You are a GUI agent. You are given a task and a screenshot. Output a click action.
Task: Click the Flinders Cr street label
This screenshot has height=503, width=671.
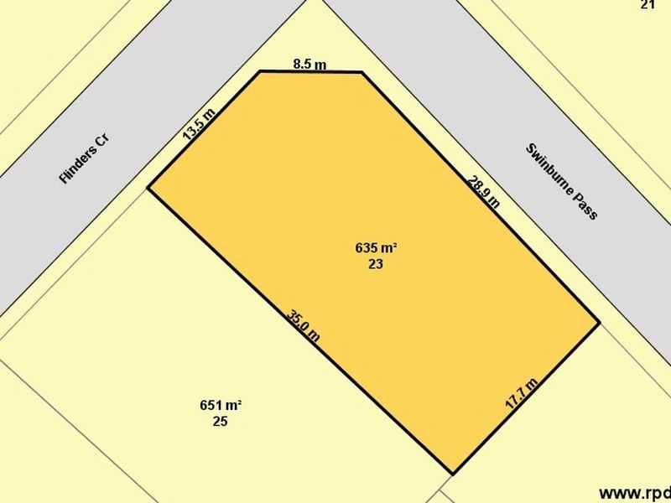pyautogui.click(x=86, y=158)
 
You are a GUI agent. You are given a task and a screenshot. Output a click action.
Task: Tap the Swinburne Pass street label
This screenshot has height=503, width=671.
pyautogui.click(x=561, y=182)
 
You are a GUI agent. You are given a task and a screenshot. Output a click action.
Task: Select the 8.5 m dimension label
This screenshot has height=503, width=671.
pyautogui.click(x=309, y=64)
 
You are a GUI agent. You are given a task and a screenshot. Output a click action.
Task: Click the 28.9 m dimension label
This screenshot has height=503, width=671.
pyautogui.click(x=485, y=191)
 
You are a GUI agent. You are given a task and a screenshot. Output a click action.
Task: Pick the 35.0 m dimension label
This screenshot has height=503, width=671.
pyautogui.click(x=304, y=326)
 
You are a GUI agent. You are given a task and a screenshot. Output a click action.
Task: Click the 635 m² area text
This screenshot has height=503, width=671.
pyautogui.click(x=376, y=248)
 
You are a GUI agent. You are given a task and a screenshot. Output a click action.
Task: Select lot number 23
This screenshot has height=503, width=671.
pyautogui.click(x=376, y=263)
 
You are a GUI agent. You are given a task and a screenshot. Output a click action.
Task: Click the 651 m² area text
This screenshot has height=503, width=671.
pyautogui.click(x=221, y=406)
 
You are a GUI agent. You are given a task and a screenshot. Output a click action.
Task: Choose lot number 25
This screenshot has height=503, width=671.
pyautogui.click(x=220, y=422)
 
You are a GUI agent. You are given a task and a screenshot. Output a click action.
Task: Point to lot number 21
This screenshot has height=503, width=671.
pyautogui.click(x=647, y=5)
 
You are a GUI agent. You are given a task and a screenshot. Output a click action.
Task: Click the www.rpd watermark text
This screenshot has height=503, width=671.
pyautogui.click(x=634, y=492)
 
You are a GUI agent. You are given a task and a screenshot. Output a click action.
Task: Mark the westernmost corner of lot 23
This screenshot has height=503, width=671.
pyautogui.click(x=148, y=188)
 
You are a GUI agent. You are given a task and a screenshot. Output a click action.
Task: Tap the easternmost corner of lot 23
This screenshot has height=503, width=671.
pyautogui.click(x=599, y=322)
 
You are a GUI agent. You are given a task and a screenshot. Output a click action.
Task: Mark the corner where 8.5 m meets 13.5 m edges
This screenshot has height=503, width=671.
pyautogui.click(x=260, y=71)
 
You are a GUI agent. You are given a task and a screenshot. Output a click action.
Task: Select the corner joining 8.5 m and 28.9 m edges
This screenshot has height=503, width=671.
pyautogui.click(x=362, y=73)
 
